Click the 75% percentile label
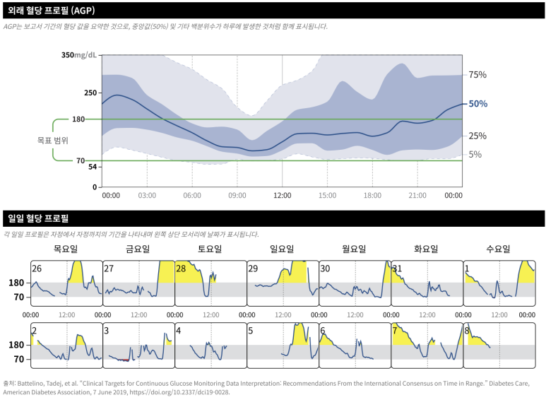click(x=478, y=75)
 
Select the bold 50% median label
click(x=478, y=104)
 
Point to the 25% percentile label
click(x=478, y=136)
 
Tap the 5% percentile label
click(x=475, y=154)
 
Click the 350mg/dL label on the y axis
click(x=79, y=55)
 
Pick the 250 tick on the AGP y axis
click(x=90, y=93)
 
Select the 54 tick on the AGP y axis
click(x=92, y=167)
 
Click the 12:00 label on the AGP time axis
click(x=283, y=196)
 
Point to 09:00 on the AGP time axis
click(x=237, y=196)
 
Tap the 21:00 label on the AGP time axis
click(x=417, y=196)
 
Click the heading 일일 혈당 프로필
click(x=36, y=218)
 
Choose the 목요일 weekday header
click(x=66, y=249)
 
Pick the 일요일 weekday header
click(x=283, y=249)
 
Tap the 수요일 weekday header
click(x=499, y=249)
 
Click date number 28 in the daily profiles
click(x=181, y=269)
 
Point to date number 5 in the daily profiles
click(x=251, y=331)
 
